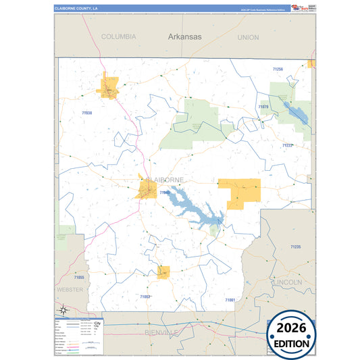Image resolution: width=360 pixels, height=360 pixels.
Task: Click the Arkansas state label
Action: pos(184,37)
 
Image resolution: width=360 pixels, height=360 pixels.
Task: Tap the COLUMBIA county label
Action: pos(119,36)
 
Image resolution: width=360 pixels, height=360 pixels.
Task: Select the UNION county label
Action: pos(248,37)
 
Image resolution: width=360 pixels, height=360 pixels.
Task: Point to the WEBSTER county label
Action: pos(70,289)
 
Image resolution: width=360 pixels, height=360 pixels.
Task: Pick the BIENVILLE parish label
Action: pos(163,333)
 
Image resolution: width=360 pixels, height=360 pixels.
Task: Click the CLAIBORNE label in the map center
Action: pos(165,180)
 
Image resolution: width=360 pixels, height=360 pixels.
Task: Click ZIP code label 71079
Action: pos(263,107)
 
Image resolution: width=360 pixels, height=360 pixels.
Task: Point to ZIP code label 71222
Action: pos(287,145)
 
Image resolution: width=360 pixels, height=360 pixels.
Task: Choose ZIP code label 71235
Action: pos(296,248)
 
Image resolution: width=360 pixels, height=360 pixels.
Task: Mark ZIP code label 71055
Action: pos(80,278)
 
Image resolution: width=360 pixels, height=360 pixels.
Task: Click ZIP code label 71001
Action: pos(230,299)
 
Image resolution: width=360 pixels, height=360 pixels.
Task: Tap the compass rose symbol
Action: pos(63,310)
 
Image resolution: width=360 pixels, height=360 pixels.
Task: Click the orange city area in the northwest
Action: pos(109,87)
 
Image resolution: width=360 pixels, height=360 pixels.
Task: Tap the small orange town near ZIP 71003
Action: pos(163,272)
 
